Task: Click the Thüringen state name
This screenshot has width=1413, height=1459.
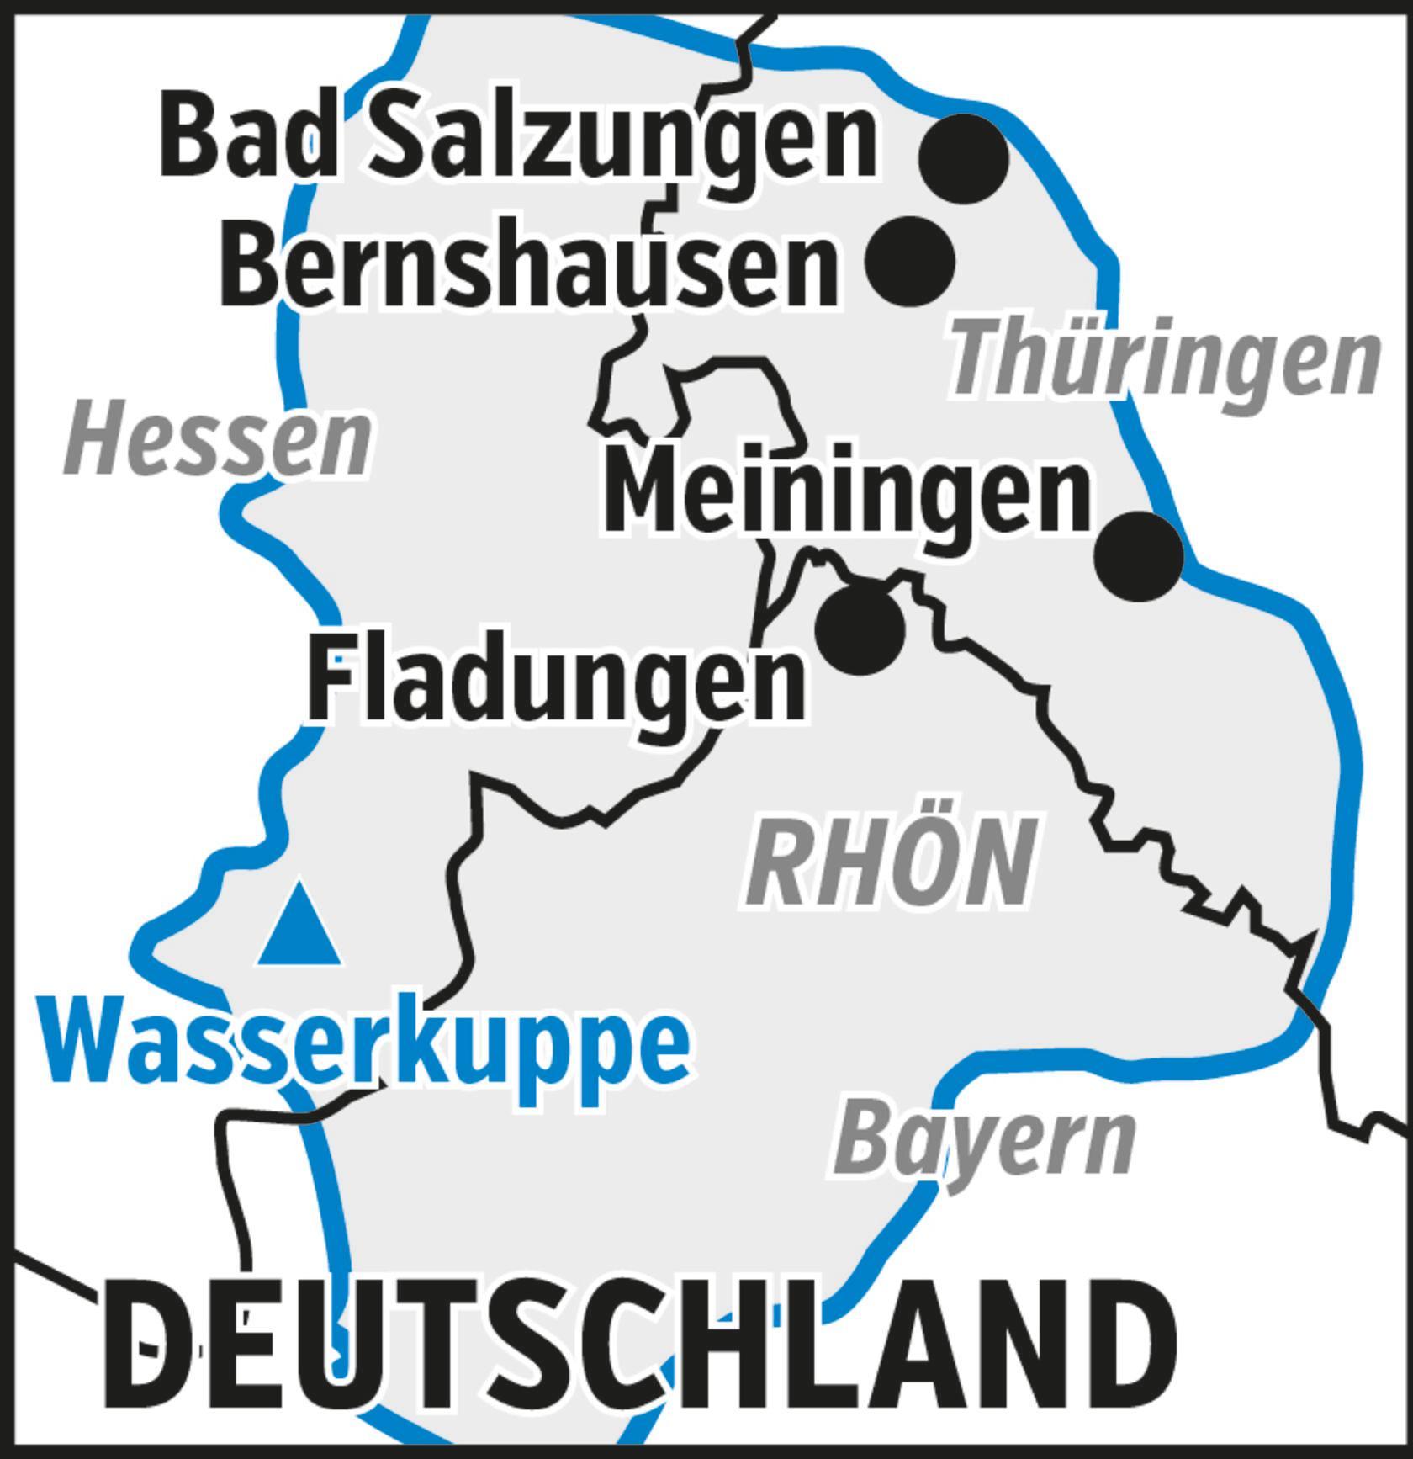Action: tap(1165, 362)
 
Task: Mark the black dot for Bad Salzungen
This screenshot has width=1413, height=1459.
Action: tap(964, 158)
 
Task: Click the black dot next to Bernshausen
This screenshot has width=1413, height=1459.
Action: tap(910, 260)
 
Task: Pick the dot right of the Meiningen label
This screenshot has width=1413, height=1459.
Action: tap(1139, 555)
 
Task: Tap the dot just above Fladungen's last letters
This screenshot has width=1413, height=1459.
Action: tap(860, 629)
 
